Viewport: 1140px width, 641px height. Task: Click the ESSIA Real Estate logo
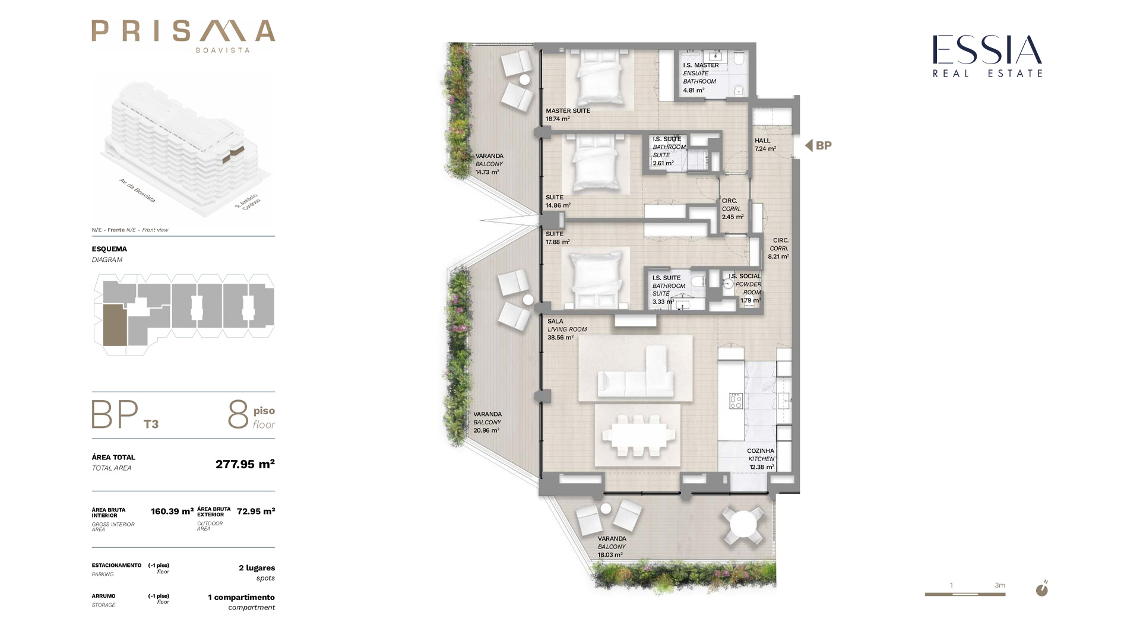[x=987, y=56]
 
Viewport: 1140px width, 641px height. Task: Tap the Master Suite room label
[x=568, y=115]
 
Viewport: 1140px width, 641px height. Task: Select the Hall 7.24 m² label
[x=765, y=145]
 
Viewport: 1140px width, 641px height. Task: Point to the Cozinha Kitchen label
[x=761, y=459]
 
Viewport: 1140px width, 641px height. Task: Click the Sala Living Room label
[x=567, y=329]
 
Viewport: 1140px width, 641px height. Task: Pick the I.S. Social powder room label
[x=746, y=288]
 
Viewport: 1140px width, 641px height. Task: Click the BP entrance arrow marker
[x=818, y=145]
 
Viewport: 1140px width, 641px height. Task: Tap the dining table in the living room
[x=638, y=435]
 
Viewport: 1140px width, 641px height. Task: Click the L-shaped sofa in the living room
[x=636, y=375]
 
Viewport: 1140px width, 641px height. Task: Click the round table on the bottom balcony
[x=742, y=525]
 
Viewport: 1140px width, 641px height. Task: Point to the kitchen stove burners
[x=736, y=401]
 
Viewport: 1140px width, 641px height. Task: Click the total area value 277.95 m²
[x=245, y=464]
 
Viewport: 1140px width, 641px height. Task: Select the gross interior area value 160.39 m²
[x=172, y=511]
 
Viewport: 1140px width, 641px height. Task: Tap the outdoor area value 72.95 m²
[x=256, y=511]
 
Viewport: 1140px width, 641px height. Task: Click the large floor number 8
[x=238, y=414]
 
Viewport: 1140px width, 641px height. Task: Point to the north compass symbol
[x=1042, y=589]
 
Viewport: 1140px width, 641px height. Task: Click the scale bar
[x=965, y=594]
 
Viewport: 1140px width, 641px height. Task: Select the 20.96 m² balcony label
[x=487, y=422]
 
